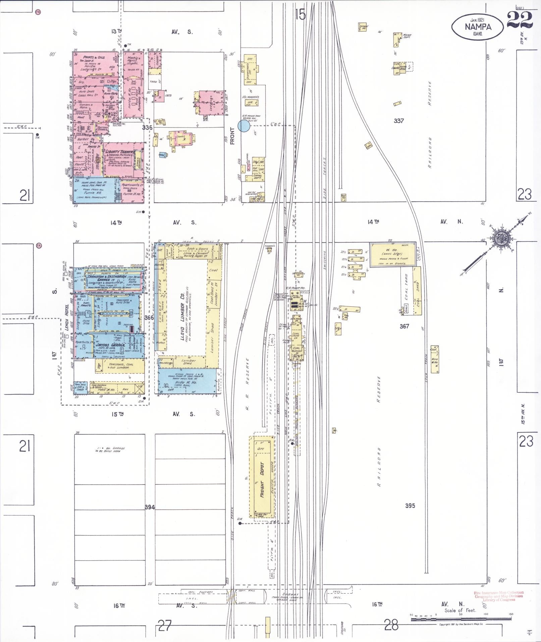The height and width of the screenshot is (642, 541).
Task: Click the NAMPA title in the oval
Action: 478,27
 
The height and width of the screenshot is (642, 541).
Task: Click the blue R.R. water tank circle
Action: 244,126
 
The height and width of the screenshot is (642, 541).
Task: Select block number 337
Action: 398,121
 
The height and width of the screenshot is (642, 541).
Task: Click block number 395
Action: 410,505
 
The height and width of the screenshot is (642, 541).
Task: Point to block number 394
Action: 150,507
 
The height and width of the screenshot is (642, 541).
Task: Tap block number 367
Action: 404,326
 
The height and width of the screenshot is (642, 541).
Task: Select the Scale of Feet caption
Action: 460,610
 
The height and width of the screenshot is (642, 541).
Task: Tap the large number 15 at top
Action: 301,14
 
